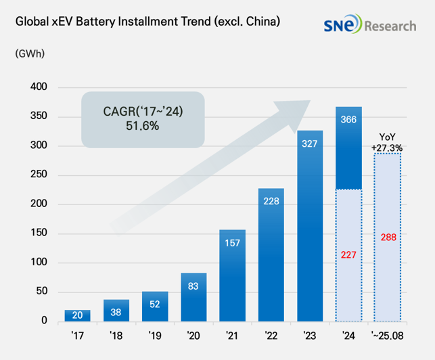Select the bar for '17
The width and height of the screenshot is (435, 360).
77,315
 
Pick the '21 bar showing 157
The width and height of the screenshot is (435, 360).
232,275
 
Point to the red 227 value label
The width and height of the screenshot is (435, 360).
348,255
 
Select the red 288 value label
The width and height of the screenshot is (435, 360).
387,237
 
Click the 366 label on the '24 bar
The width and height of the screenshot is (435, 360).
348,119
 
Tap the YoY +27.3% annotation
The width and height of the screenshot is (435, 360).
387,142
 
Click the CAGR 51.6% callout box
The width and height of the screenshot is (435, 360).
142,119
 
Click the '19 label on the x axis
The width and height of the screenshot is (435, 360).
154,334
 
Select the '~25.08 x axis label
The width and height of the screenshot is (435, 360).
387,334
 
